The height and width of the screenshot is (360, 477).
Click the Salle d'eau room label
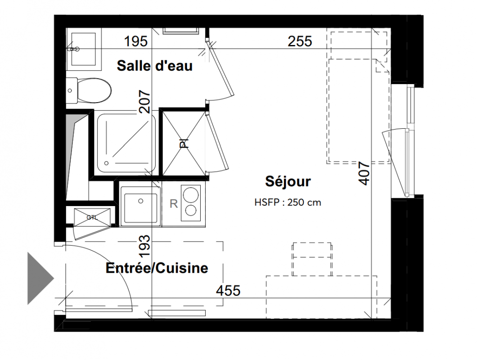pos(154,66)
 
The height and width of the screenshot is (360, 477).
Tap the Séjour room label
pos(288,181)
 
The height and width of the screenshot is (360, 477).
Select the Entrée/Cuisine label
pos(157,268)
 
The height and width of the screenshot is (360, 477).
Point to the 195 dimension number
pos(136,41)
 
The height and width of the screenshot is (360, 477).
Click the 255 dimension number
pos(300,41)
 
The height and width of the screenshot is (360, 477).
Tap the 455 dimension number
pos(228,291)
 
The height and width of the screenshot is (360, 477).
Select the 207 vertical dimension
pos(144,102)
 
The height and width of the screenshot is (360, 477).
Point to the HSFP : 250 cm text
pos(288,202)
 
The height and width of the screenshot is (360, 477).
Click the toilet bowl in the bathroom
pos(94,91)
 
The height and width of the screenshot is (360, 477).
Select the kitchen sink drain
pos(140,201)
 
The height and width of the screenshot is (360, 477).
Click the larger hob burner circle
pos(191,194)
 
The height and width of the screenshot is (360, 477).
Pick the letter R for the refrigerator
pos(174,203)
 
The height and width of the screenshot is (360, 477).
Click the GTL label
pos(92,218)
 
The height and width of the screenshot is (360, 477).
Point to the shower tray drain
pos(106,163)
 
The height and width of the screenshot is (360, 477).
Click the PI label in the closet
pos(184,144)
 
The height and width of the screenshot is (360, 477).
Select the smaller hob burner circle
pos(191,210)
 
